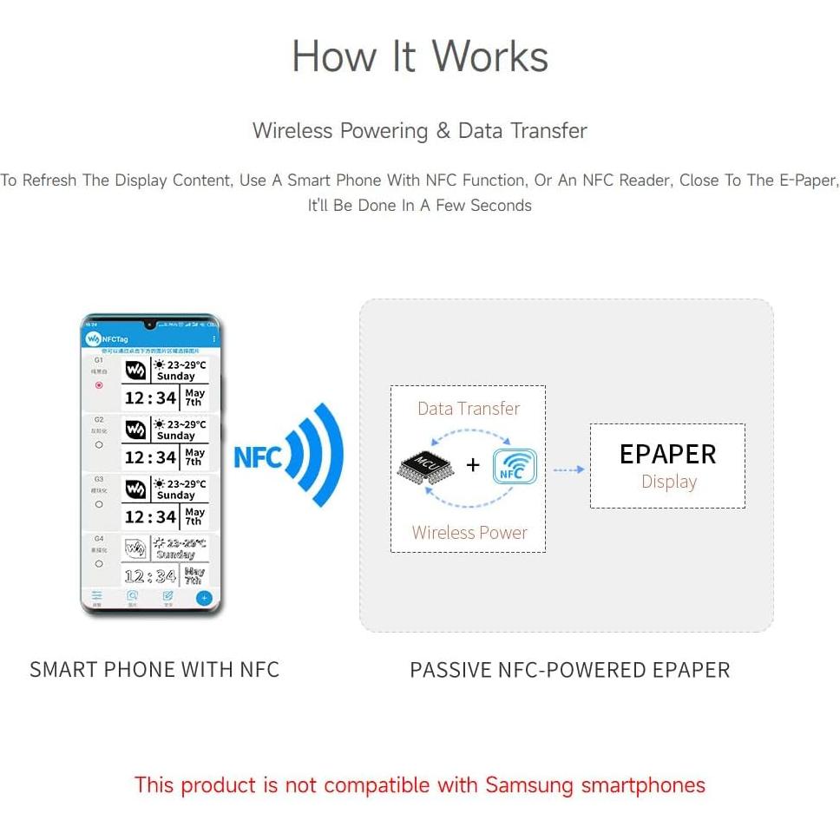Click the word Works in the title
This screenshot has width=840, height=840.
[x=490, y=56]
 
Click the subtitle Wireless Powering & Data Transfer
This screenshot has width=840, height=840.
[x=420, y=131]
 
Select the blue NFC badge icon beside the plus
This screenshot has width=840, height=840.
[x=515, y=466]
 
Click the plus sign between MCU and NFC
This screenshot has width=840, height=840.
[x=473, y=465]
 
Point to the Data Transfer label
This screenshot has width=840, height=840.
[x=469, y=408]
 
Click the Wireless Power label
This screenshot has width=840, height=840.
[x=469, y=533]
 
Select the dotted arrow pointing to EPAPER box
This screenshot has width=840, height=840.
[x=568, y=469]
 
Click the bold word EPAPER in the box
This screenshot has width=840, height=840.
[x=667, y=454]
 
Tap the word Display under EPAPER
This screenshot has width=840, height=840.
[x=668, y=482]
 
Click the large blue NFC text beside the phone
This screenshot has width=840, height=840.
[x=258, y=456]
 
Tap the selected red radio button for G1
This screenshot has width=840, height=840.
[x=99, y=384]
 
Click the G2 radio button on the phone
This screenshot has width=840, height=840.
[x=99, y=444]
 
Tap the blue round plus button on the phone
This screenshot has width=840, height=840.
[x=204, y=598]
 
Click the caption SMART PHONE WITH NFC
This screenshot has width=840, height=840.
[x=154, y=669]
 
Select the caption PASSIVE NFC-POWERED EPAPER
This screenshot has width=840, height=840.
[x=569, y=670]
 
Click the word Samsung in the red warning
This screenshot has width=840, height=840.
[x=529, y=785]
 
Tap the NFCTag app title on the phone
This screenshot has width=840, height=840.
[x=116, y=338]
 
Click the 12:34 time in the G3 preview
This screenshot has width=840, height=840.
[x=150, y=517]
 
